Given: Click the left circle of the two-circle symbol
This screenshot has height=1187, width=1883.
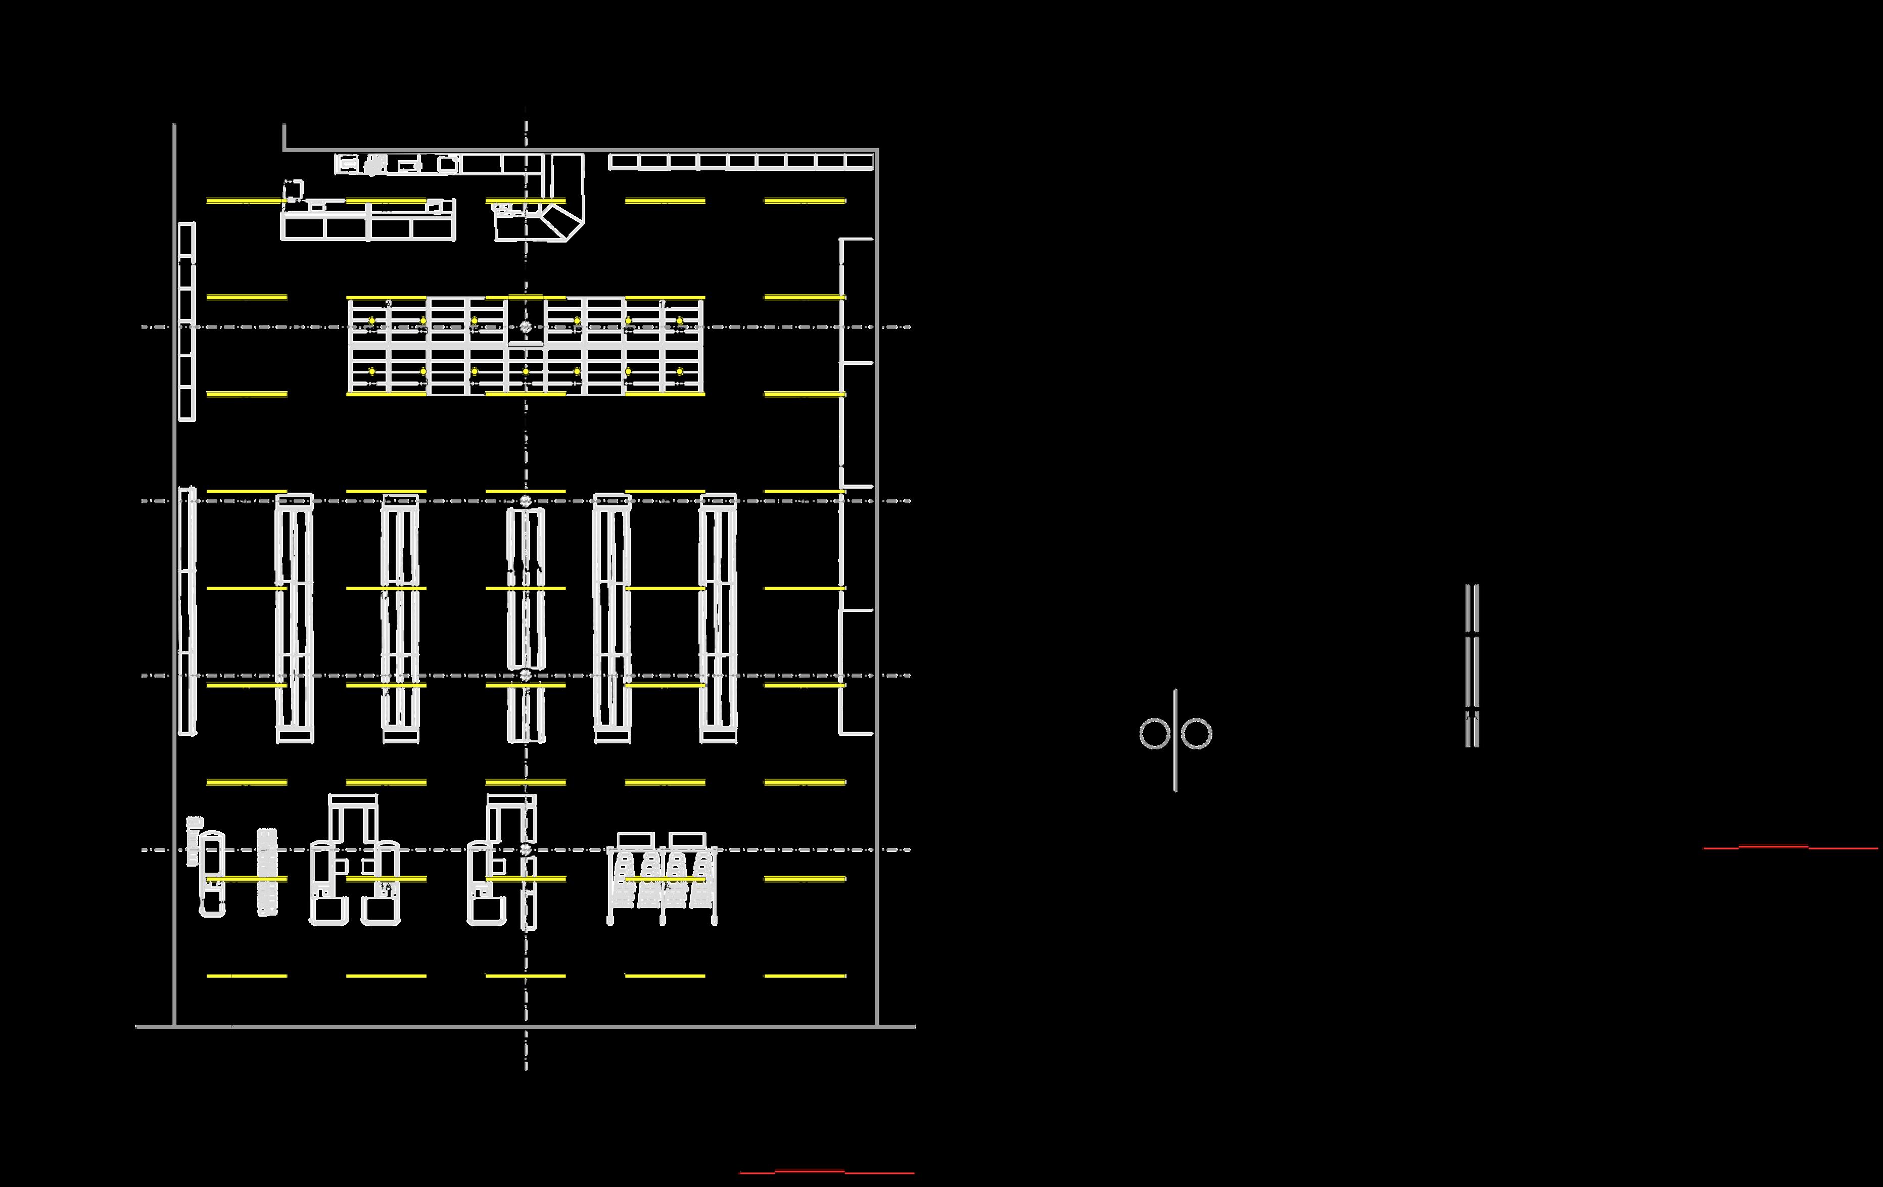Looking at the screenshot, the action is (1154, 733).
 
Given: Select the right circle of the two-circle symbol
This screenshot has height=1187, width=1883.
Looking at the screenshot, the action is (1196, 733).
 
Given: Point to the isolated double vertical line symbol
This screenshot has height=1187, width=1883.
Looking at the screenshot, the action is (1472, 664).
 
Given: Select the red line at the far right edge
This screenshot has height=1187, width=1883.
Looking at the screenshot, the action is (1791, 847).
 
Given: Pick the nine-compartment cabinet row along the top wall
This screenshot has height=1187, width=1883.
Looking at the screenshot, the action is (740, 162).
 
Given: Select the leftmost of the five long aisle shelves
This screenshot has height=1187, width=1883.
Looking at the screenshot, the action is (295, 618).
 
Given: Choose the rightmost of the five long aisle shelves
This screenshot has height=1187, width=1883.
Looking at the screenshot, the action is (718, 618).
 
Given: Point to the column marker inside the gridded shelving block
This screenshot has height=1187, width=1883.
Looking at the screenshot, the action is (526, 327).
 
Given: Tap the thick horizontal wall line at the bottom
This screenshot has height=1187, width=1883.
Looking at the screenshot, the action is (526, 1026).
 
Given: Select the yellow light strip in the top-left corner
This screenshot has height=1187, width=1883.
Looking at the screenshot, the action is (246, 202).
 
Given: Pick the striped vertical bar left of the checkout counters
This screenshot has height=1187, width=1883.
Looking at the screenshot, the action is (267, 872).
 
